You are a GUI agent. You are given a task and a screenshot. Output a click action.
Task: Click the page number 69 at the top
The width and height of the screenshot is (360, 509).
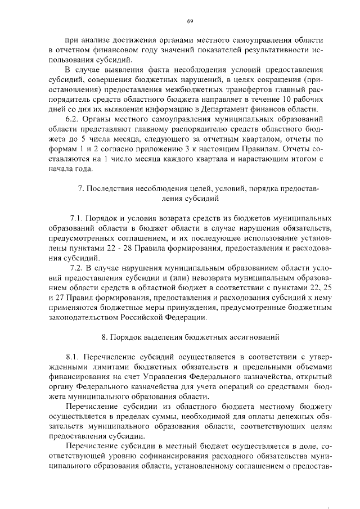pos(190,21)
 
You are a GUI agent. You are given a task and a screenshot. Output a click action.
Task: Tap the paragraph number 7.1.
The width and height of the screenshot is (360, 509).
pos(77,217)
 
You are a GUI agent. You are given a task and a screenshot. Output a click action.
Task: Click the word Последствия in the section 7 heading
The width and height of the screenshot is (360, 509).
pos(110,188)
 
